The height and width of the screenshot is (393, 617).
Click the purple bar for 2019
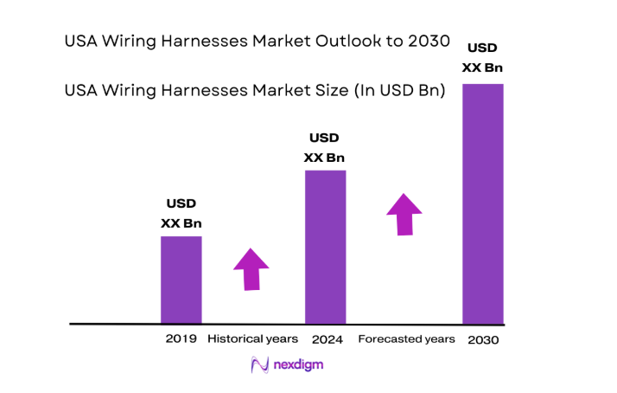[181, 280]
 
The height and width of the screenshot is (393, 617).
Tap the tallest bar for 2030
[483, 203]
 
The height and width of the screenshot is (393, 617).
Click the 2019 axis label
[181, 338]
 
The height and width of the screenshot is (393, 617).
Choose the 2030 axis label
[482, 340]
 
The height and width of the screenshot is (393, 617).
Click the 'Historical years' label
[252, 338]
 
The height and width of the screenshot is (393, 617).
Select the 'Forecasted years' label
[406, 338]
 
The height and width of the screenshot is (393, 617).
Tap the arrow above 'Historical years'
[251, 268]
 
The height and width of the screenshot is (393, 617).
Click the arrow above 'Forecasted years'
[404, 214]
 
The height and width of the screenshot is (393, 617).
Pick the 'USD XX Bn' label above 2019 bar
[181, 213]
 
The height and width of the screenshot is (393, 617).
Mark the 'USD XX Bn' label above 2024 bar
[324, 147]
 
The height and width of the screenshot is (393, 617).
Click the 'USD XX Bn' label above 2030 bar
[483, 58]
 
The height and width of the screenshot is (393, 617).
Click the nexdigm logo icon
[257, 365]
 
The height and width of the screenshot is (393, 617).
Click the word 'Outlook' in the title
[308, 42]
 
